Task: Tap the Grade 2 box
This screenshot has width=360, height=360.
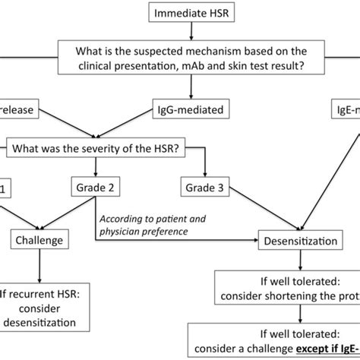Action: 94,165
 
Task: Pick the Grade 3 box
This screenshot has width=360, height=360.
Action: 205,165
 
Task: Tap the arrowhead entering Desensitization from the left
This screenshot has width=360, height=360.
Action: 254,240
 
